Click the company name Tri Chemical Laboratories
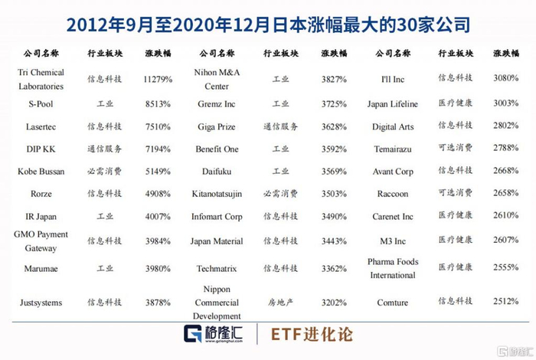click(x=41, y=80)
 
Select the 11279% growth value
click(x=158, y=80)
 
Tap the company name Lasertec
click(x=41, y=127)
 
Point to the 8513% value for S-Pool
click(x=158, y=104)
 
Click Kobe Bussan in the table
click(x=41, y=172)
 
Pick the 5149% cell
click(x=158, y=172)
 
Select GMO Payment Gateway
click(x=41, y=241)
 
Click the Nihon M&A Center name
click(x=217, y=80)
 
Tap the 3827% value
click(x=334, y=80)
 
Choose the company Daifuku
click(x=217, y=172)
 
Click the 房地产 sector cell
click(x=281, y=303)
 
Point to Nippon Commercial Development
click(x=217, y=303)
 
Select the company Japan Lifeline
click(x=392, y=104)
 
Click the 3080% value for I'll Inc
click(x=505, y=78)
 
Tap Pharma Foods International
click(x=393, y=268)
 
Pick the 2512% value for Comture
click(x=505, y=301)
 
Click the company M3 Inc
click(x=393, y=241)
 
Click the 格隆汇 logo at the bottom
click(x=213, y=334)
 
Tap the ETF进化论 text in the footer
click(x=312, y=335)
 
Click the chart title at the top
click(x=268, y=25)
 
